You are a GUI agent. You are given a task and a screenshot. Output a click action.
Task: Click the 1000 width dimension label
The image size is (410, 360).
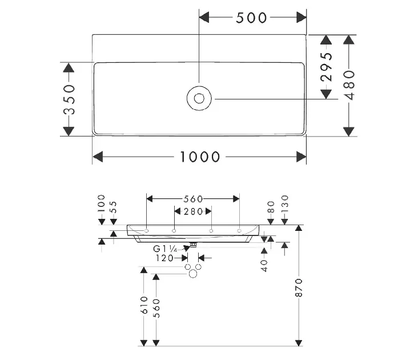[x=200, y=156]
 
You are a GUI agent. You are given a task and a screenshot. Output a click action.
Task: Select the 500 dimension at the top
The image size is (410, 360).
[x=251, y=18]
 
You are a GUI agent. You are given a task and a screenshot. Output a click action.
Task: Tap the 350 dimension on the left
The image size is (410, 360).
[x=69, y=100]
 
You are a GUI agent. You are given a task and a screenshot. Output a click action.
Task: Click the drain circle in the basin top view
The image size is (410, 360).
[x=199, y=98]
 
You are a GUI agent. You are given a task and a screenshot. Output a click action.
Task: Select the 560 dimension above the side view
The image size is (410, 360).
[x=193, y=199]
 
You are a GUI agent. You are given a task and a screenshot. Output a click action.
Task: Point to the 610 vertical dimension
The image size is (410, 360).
[x=144, y=305]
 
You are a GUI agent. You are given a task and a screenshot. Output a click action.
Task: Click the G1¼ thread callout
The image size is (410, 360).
[x=166, y=249]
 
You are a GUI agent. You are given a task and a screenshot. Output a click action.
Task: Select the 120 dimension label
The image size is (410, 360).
[x=166, y=258]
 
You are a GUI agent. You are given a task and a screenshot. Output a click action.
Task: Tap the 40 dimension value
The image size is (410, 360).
[x=264, y=265]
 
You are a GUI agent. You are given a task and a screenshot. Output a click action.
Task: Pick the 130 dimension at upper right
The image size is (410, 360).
[x=284, y=203]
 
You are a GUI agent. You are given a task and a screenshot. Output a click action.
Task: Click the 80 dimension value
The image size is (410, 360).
[x=271, y=206]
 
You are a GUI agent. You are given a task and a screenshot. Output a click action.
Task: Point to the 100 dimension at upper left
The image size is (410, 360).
[x=102, y=203]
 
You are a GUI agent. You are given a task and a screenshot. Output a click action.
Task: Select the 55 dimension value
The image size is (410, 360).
[x=113, y=207]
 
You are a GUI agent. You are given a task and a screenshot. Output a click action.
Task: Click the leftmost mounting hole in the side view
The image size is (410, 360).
[x=147, y=230]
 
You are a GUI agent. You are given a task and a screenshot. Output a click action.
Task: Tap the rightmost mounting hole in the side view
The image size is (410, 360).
[x=239, y=230]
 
